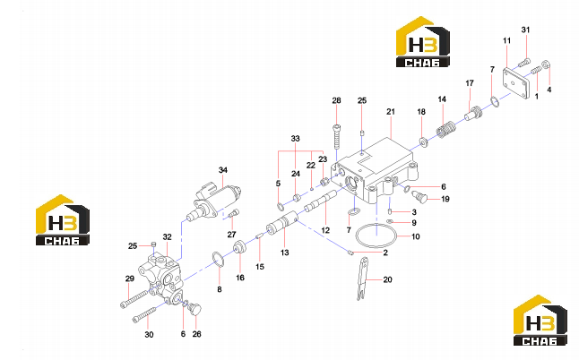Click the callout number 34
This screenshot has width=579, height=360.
[x=222, y=170]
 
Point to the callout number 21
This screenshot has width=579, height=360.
[x=391, y=111]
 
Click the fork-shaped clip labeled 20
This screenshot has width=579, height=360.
[x=363, y=279]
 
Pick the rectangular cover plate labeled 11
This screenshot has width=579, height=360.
[x=516, y=81]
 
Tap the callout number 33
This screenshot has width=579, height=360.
[x=295, y=139]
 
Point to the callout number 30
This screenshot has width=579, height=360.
[x=149, y=335]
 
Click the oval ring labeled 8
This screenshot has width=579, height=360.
[x=218, y=259]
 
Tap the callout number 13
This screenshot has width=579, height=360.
[x=284, y=253]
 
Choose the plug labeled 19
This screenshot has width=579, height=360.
[x=419, y=195]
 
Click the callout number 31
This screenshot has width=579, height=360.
[x=525, y=30]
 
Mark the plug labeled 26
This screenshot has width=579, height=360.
[x=194, y=309]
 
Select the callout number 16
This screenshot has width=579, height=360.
[x=240, y=278]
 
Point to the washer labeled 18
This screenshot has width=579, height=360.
[x=423, y=141]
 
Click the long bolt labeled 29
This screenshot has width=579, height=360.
[x=134, y=298]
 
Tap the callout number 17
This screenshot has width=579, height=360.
[x=470, y=83]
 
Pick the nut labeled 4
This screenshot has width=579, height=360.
[x=547, y=65]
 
